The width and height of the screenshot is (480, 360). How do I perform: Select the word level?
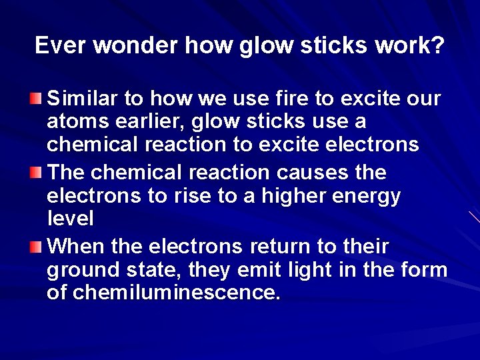(70, 218)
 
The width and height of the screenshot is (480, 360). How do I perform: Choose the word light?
(311, 270)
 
